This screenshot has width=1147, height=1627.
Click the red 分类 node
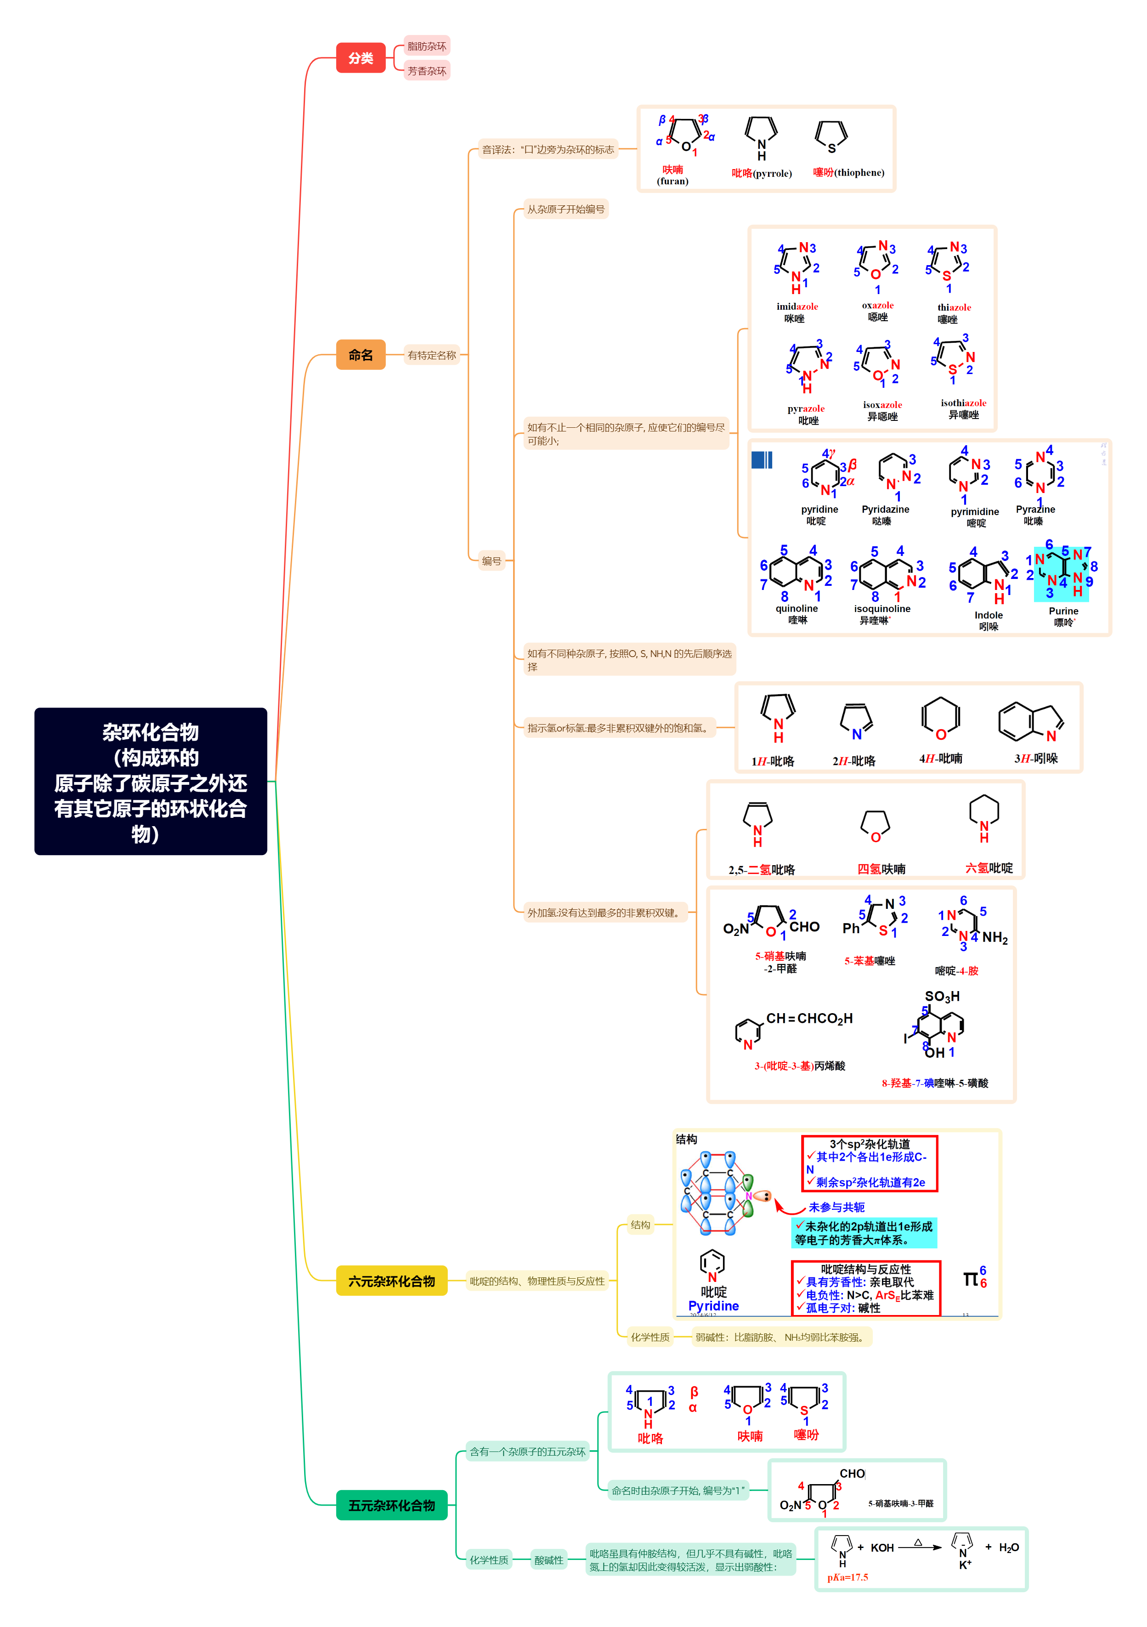(x=361, y=58)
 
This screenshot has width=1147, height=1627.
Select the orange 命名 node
(x=361, y=355)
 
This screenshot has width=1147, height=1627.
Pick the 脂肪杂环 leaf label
(x=426, y=46)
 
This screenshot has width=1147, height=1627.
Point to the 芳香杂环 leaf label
(x=426, y=71)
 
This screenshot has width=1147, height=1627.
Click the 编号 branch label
(x=491, y=561)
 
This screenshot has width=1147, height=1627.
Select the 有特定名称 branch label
(x=431, y=355)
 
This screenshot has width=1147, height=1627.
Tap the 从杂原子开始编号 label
(x=565, y=209)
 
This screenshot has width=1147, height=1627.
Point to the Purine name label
(x=1063, y=611)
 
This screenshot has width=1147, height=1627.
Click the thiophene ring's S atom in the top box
(x=832, y=149)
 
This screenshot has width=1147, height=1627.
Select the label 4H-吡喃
(x=940, y=758)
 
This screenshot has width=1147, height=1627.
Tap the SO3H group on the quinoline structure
(x=942, y=996)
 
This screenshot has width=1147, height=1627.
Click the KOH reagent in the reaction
(x=882, y=1548)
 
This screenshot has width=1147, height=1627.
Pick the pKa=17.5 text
(x=848, y=1577)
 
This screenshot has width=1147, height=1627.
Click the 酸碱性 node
(x=548, y=1559)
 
